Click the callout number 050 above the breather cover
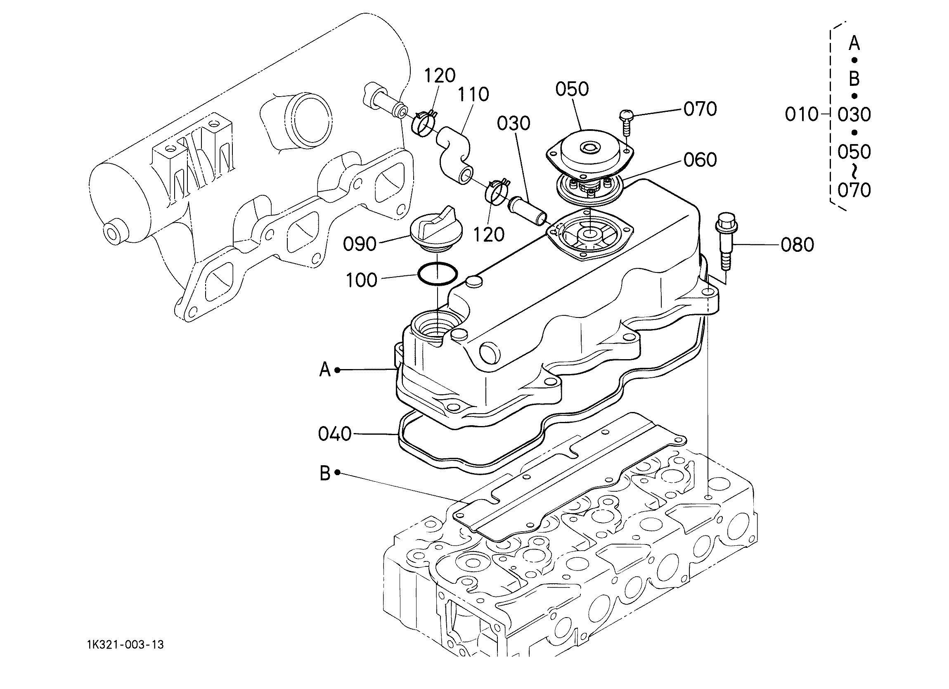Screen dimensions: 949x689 coord(572,89)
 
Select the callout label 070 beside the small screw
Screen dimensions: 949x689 coord(701,109)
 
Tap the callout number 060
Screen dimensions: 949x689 coord(701,160)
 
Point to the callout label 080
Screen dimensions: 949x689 coord(798,245)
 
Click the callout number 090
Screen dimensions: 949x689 coord(360,244)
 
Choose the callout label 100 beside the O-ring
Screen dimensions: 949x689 coord(362,280)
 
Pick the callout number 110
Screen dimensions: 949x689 coord(473,95)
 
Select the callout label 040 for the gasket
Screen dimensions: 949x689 coord(335,434)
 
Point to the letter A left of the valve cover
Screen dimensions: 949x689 coord(325,370)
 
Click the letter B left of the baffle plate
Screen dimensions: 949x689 coord(325,474)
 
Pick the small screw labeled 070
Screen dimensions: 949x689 coord(626,121)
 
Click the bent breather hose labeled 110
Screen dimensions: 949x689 coord(454,155)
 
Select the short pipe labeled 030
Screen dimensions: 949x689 coord(526,211)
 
